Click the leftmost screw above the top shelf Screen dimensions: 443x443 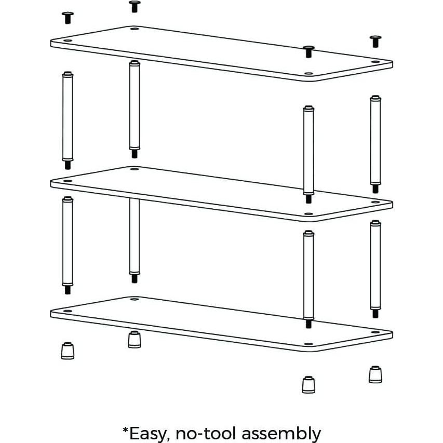click(x=66, y=18)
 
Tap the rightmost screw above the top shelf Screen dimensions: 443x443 click(x=375, y=41)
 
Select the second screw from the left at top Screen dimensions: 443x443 click(x=134, y=6)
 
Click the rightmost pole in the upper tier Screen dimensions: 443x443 click(x=375, y=140)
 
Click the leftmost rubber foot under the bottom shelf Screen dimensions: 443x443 click(x=67, y=351)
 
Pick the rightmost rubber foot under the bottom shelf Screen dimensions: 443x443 click(x=375, y=374)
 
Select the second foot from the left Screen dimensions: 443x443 click(x=134, y=340)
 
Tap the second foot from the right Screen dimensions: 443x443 click(x=308, y=384)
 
